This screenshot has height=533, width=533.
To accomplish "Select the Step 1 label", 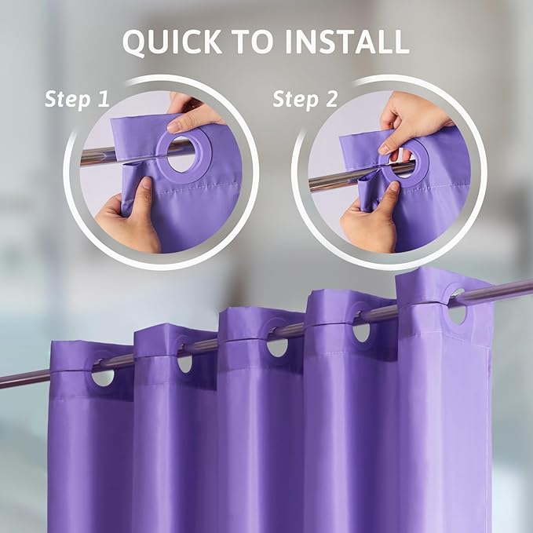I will pyautogui.click(x=76, y=99).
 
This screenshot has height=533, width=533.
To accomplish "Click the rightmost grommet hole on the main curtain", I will pyautogui.click(x=457, y=312).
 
